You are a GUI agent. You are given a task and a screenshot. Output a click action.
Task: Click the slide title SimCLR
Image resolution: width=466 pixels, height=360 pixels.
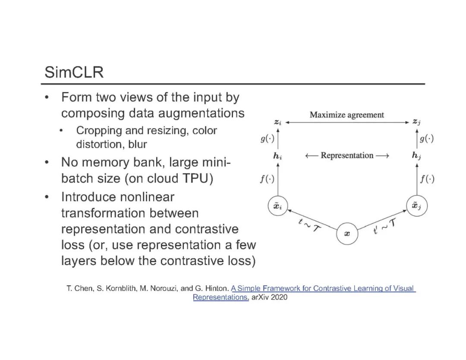(74, 72)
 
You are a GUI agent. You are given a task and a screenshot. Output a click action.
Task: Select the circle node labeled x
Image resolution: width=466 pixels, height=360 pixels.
(347, 234)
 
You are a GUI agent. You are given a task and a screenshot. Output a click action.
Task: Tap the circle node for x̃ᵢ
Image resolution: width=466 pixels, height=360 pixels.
(278, 206)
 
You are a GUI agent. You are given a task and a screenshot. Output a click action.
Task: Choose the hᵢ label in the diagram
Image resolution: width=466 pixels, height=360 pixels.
(278, 156)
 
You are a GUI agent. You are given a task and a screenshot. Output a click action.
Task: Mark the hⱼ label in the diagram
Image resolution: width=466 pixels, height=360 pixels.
(416, 156)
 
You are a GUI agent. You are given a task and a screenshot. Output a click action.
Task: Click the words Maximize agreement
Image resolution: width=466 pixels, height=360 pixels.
(346, 115)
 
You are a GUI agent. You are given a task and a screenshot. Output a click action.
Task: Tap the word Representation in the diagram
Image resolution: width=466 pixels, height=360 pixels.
(347, 155)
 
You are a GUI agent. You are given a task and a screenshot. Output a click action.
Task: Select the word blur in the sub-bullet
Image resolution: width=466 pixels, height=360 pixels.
(137, 145)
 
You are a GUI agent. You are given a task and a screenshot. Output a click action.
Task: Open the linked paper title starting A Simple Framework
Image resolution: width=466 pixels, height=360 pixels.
(323, 288)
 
